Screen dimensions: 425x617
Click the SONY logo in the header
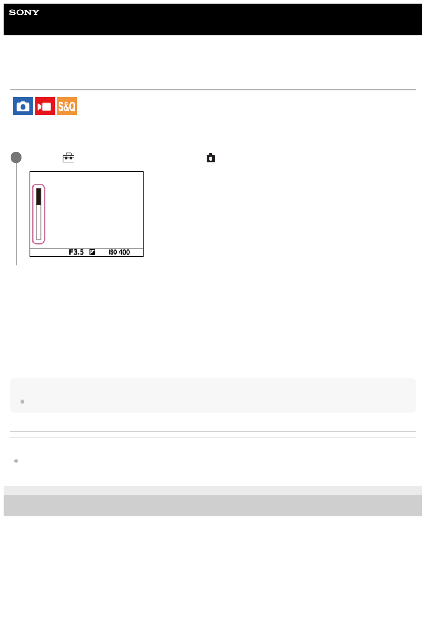(24, 13)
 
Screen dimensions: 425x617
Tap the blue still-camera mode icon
(23, 106)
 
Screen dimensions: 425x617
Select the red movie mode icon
(45, 106)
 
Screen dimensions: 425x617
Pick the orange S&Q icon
(67, 106)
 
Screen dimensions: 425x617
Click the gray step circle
(16, 157)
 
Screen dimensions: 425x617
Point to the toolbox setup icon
(68, 157)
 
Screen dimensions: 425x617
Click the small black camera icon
(211, 158)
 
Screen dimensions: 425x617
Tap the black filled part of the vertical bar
(38, 196)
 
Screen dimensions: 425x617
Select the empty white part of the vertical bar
(38, 222)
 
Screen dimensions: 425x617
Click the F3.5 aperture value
(76, 252)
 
